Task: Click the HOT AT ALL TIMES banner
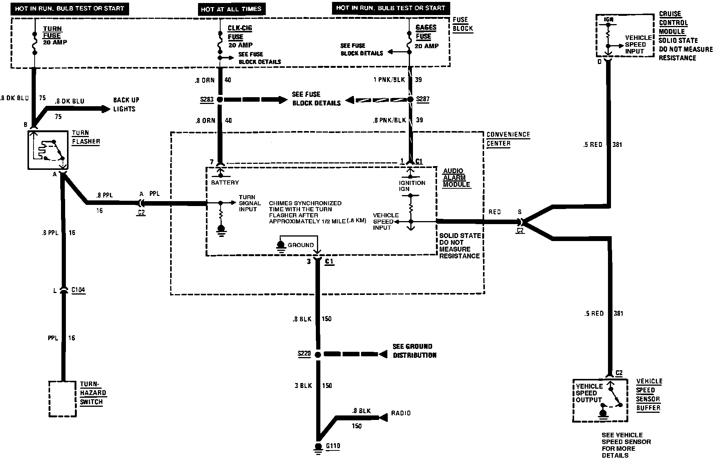click(x=231, y=9)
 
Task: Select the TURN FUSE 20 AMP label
click(x=55, y=35)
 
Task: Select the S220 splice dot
click(x=318, y=354)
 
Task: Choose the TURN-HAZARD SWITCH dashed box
click(x=63, y=399)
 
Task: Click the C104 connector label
click(x=78, y=290)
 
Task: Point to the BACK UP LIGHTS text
click(x=126, y=104)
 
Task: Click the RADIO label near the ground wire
click(x=401, y=413)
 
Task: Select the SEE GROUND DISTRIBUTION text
click(x=414, y=351)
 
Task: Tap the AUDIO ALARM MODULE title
click(x=456, y=178)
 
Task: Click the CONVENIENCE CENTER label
click(x=508, y=139)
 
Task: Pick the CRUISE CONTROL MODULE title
click(x=673, y=23)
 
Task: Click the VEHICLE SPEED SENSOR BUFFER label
click(x=649, y=394)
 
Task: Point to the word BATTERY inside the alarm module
click(x=225, y=183)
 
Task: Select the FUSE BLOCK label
click(x=462, y=24)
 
